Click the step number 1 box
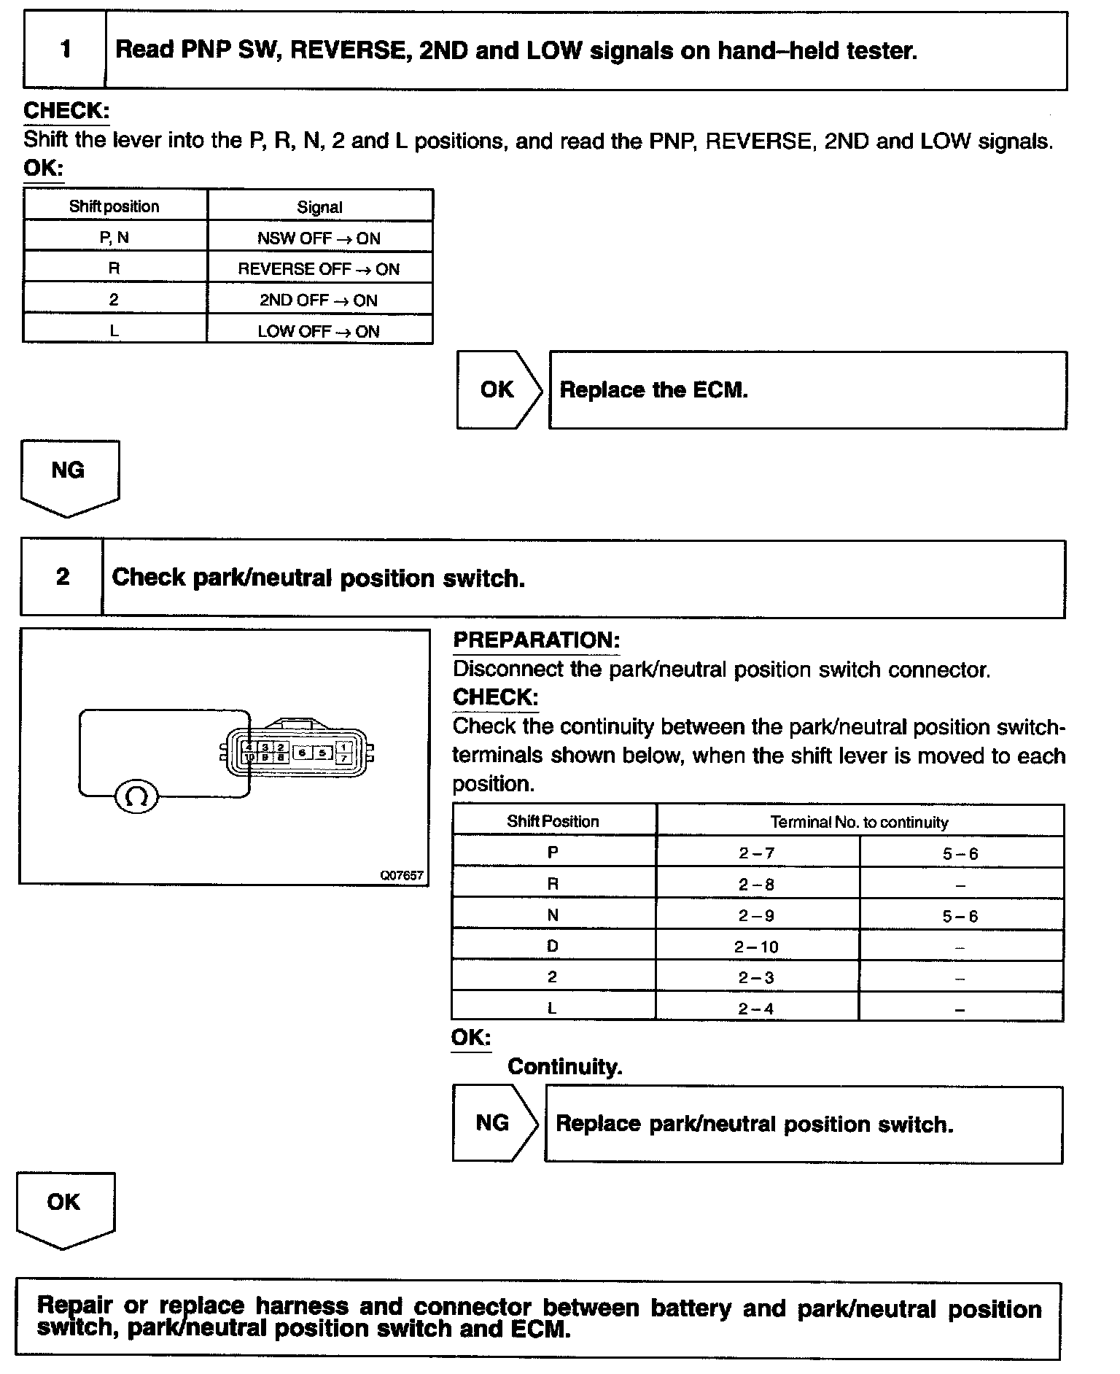coord(65,50)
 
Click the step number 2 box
coord(62,577)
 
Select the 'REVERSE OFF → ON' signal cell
coord(319,269)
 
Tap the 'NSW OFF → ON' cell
coord(319,238)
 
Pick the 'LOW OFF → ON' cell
coord(319,331)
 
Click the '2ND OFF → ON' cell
coord(319,300)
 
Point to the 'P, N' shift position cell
coord(114,238)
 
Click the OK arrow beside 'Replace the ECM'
coord(499,389)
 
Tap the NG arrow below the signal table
coord(69,475)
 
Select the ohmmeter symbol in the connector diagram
coord(136,796)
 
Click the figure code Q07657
coord(402,875)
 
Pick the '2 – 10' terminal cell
coord(756,947)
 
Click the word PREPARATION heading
coord(536,640)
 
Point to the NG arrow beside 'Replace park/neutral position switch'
coord(494,1122)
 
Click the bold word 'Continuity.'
coord(564,1067)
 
